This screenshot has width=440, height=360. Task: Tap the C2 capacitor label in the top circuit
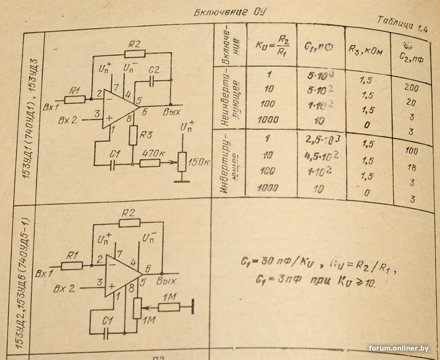(155, 70)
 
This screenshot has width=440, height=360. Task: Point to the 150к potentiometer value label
(200, 163)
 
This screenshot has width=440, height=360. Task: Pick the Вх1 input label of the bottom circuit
(43, 273)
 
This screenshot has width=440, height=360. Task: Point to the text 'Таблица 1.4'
(403, 26)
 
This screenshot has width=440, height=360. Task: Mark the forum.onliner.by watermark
(400, 348)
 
